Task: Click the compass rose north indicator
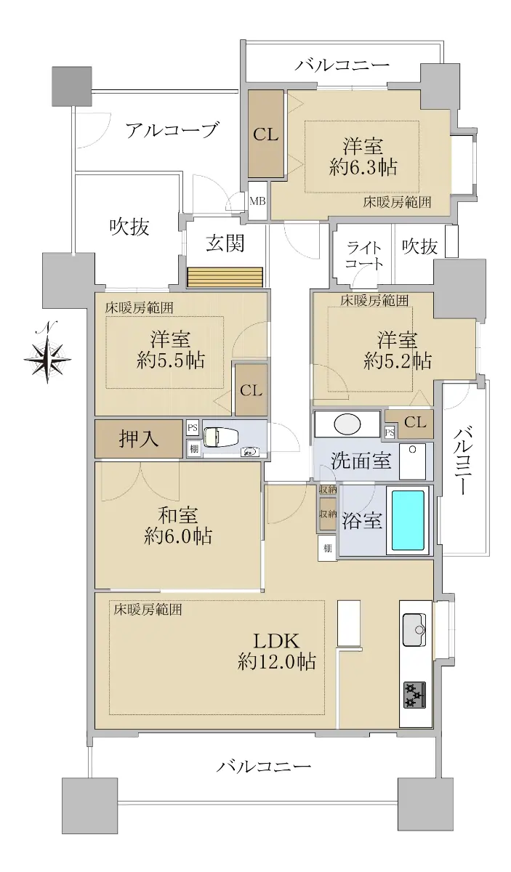coord(47,352)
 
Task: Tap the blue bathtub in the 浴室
coord(408,520)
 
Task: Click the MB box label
coord(257,201)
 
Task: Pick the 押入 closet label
coord(138,439)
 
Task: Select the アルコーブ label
coord(171,130)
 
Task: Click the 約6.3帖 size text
coord(363,167)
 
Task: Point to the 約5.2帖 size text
coord(398,361)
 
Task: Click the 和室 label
coord(177,515)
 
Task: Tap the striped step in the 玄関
coord(225,277)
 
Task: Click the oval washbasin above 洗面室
coord(347,423)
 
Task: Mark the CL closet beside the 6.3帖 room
coord(265,134)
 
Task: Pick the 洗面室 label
coord(361,461)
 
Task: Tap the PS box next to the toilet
coord(193,428)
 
